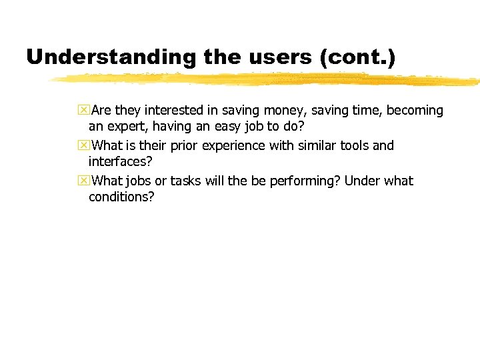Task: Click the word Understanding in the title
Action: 111,57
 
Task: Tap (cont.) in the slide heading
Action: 357,57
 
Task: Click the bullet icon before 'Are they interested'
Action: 83,110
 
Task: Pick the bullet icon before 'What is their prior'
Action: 83,145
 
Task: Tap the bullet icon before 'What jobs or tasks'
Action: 83,181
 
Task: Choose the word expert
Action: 126,127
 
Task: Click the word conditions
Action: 121,197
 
